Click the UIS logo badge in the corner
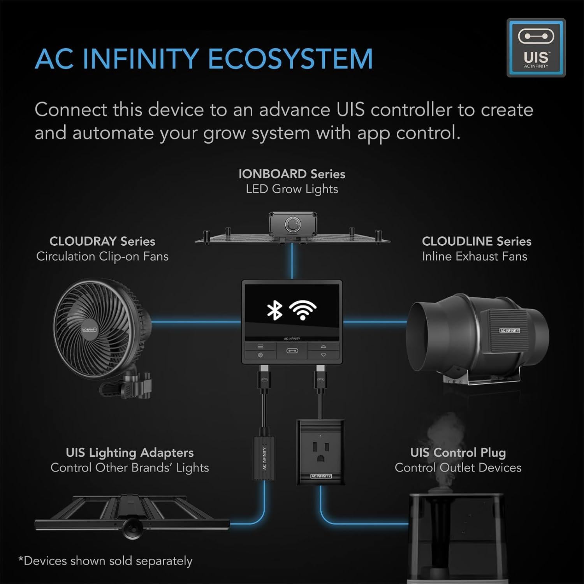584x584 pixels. [x=536, y=48]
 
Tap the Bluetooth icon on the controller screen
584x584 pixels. [x=274, y=310]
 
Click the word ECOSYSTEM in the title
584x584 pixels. [x=290, y=59]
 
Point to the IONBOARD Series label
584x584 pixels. [x=292, y=174]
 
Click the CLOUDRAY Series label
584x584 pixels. [x=102, y=241]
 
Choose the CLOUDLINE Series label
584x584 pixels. [x=476, y=241]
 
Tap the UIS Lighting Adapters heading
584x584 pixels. [x=129, y=453]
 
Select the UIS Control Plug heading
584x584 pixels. [x=458, y=453]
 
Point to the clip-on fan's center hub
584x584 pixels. [x=89, y=329]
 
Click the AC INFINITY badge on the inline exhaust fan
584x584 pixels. [x=509, y=331]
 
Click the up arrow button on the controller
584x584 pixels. [x=324, y=346]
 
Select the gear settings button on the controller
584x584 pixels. [x=260, y=355]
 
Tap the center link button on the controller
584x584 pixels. [x=292, y=351]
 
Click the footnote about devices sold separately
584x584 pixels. [x=106, y=561]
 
